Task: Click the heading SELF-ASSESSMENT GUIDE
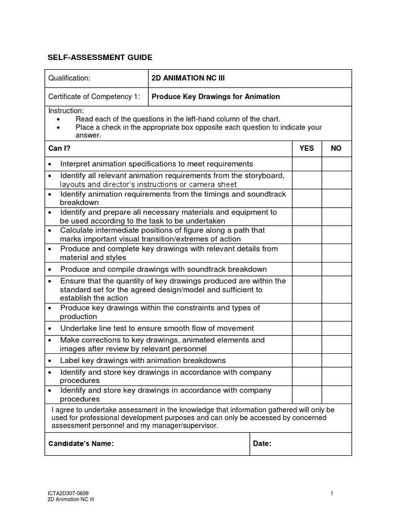(x=100, y=57)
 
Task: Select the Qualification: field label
(x=69, y=78)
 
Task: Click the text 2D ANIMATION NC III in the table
(x=188, y=78)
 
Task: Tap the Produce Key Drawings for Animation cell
(x=215, y=96)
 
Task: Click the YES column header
(x=306, y=148)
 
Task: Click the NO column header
(x=336, y=148)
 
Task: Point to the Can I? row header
(x=59, y=148)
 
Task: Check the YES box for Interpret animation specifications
(x=307, y=164)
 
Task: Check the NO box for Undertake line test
(x=337, y=328)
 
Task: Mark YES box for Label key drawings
(x=307, y=360)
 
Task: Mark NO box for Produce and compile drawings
(x=337, y=269)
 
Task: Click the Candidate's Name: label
(x=81, y=444)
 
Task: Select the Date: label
(x=262, y=444)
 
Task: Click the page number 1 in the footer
(x=332, y=493)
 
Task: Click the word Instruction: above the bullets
(x=66, y=111)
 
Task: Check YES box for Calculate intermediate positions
(x=307, y=234)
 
